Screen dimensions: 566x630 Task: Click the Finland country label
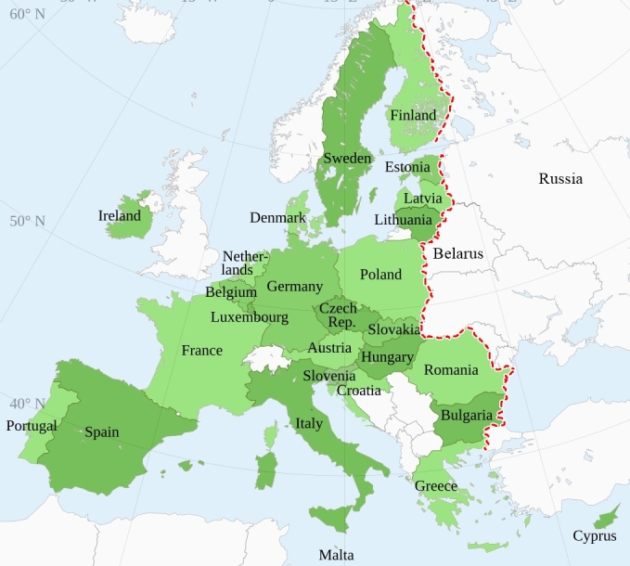[x=413, y=116]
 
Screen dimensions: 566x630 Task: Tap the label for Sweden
[x=347, y=159]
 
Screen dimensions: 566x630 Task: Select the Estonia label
[x=407, y=167]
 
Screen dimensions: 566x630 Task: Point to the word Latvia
[x=422, y=199]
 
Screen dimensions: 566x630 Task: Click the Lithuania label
[x=403, y=220]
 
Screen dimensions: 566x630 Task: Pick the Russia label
[x=560, y=178]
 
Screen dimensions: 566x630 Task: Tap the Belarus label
[x=457, y=252]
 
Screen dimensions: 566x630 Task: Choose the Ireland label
[x=120, y=216]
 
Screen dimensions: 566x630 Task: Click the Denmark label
[x=277, y=218]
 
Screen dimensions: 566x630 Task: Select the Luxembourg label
[x=250, y=317]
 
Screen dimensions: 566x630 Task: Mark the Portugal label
[x=32, y=426]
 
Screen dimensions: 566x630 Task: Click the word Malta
[x=336, y=555]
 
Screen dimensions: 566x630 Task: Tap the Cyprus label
[x=594, y=535]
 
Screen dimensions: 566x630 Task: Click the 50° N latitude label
[x=27, y=221]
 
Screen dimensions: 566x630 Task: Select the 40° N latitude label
[x=27, y=404]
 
